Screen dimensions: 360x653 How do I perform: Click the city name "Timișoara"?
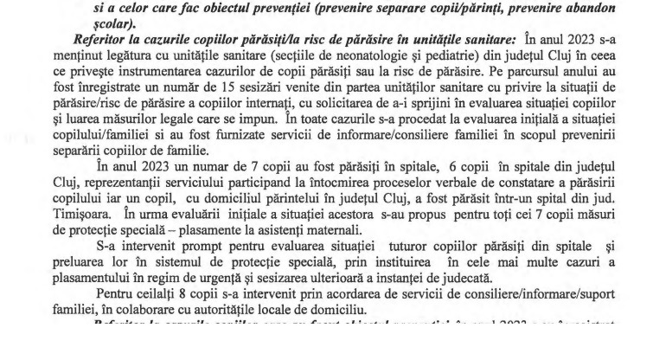pos(100,236)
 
